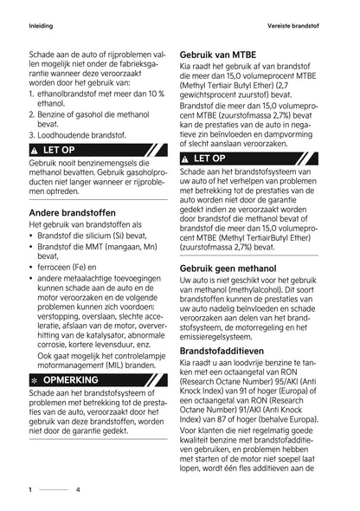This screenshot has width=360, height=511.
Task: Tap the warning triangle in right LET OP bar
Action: pos(185,158)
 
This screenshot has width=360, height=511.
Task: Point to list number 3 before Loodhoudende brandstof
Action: pos(31,135)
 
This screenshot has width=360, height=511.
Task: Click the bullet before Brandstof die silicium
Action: pos(31,236)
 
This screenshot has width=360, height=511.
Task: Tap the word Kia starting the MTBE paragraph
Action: pos(185,68)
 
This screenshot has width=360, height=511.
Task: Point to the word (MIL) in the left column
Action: pos(109,365)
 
